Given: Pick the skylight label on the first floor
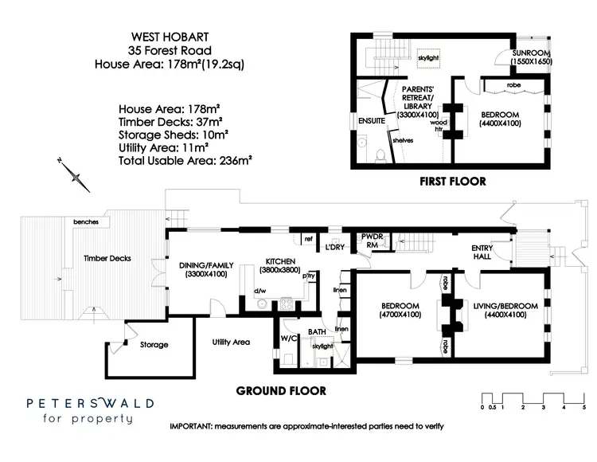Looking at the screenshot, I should pos(428,59).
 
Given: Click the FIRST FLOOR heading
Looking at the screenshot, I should pos(453,182).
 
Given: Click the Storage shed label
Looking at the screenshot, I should pos(154,345).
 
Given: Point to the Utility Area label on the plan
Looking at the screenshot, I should pos(231,342).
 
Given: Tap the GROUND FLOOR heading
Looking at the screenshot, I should pos(281,391).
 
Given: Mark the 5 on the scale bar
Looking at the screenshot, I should pos(584,407).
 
